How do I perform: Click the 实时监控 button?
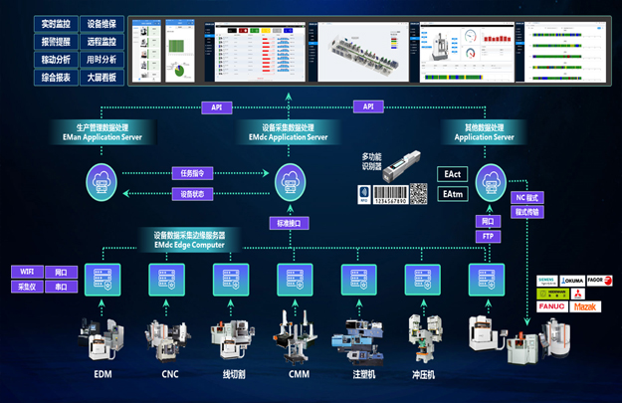point(56,23)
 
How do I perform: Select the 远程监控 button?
point(101,41)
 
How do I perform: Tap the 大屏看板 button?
point(101,77)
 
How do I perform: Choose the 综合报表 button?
point(56,77)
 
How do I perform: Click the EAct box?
point(452,175)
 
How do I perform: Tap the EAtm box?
point(452,194)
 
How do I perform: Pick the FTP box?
point(488,237)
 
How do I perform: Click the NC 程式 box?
point(527,198)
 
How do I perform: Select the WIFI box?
point(26,272)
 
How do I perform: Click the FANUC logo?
point(552,306)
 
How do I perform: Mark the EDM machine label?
point(103,374)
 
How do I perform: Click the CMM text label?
point(299,374)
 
